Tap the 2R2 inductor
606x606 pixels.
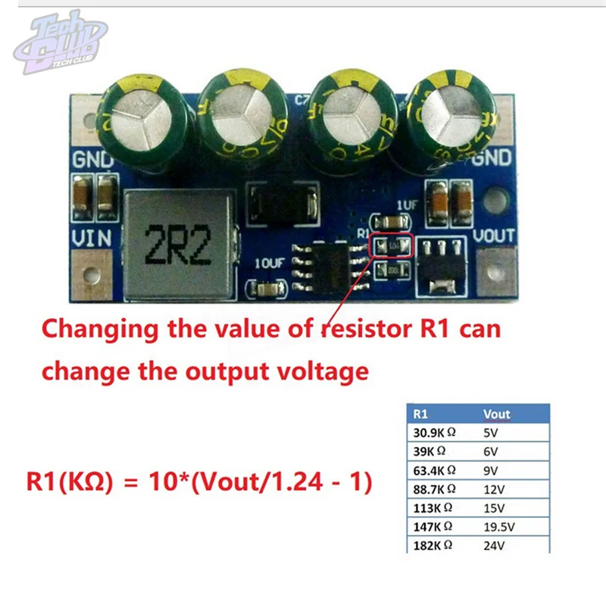tap(178, 244)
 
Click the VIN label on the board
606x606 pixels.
tap(92, 238)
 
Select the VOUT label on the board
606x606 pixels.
tap(494, 236)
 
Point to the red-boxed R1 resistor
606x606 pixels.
tap(391, 245)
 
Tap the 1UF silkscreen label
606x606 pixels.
tap(406, 205)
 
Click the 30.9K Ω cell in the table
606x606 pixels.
tap(435, 433)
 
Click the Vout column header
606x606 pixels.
tap(497, 414)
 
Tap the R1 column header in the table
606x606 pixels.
tap(421, 414)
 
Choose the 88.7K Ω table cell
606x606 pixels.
tap(435, 489)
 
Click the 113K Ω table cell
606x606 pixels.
tap(432, 507)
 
